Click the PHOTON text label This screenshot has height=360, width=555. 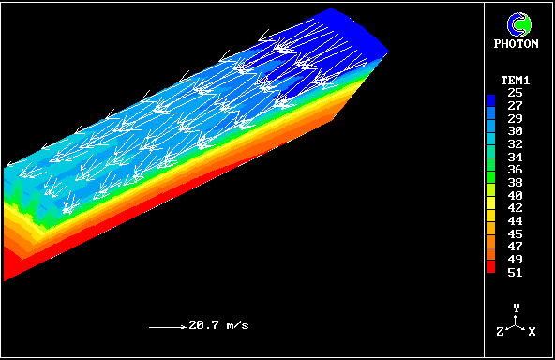516,43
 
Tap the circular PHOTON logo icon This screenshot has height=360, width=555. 518,24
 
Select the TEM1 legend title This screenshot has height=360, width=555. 516,81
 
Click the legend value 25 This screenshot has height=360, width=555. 515,93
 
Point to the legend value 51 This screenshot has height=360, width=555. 515,273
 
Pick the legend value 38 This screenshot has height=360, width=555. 515,183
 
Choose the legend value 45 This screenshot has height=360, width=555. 515,234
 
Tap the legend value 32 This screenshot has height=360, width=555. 515,144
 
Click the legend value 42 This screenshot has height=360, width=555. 515,208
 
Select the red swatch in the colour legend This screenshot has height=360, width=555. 490,266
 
